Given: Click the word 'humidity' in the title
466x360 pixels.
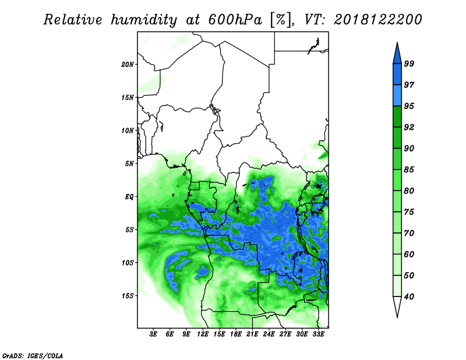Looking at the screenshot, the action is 144,20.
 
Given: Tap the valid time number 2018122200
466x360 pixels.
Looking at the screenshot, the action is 377,20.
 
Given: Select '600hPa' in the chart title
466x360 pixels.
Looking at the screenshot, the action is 235,20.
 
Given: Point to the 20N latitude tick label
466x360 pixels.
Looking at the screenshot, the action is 128,65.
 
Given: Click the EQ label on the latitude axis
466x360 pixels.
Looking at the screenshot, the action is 129,197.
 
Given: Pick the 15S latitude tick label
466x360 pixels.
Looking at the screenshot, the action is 128,296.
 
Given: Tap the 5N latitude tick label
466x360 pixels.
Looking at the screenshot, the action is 129,164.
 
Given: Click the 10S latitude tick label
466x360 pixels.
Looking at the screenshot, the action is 128,263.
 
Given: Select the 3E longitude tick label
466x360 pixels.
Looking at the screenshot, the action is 153,334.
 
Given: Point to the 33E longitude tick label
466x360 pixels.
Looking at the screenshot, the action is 318,334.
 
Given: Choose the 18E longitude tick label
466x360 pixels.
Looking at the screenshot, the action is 236,334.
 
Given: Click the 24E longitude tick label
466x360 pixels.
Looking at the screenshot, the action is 269,334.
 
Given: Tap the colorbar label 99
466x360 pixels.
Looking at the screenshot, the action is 409,63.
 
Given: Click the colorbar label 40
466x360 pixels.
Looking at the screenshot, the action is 409,297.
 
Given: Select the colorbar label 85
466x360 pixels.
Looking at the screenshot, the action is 409,170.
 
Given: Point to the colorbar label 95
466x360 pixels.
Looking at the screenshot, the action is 409,106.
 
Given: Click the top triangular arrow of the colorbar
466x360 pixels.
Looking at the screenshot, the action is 397,55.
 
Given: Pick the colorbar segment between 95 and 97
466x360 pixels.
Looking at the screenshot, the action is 397,96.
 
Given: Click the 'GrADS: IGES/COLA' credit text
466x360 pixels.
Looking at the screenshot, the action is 33,355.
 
